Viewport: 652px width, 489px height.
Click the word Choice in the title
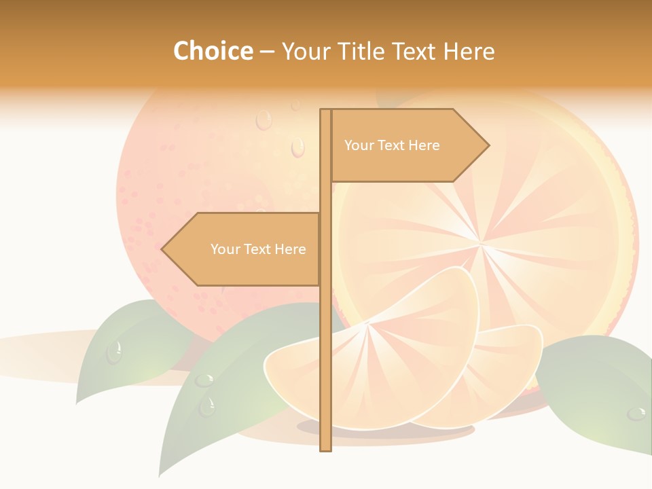pos(213,51)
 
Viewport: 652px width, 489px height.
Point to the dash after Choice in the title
pos(267,52)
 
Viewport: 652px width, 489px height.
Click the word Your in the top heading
pos(307,51)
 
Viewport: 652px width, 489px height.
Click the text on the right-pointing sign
pos(392,145)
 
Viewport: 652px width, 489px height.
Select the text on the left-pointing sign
pos(258,249)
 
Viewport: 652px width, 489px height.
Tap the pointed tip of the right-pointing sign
pos(488,145)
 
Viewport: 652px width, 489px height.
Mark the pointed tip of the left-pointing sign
pos(162,249)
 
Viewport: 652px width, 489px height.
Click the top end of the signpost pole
pos(325,111)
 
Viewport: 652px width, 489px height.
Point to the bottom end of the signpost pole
pos(325,450)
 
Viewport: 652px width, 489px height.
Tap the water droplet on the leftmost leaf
pos(114,352)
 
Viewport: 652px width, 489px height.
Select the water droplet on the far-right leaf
pos(636,413)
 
